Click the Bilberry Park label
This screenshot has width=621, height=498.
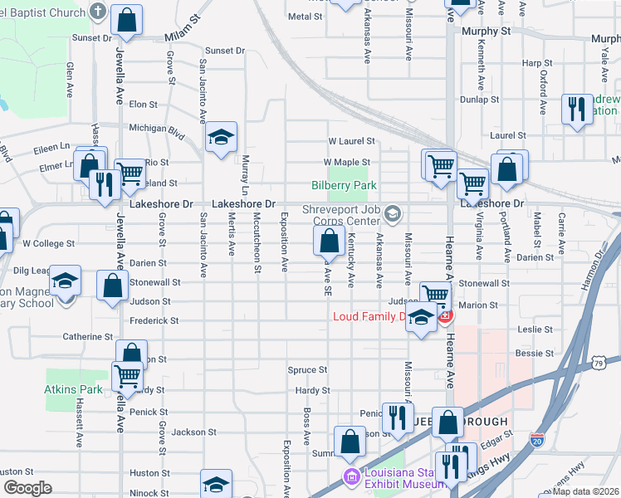pos(345,186)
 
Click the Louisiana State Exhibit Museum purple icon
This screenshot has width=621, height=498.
pos(352,478)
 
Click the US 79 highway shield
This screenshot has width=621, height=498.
pos(599,362)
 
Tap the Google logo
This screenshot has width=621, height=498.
pos(27,488)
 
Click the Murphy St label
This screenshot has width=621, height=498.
pos(490,31)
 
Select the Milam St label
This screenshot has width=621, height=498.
pos(183,38)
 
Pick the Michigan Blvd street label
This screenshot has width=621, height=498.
pos(156,129)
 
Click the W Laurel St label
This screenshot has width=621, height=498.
pos(351,142)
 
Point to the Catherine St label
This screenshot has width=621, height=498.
pos(88,337)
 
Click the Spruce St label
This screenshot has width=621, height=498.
pos(307,370)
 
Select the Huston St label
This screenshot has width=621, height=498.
pos(144,472)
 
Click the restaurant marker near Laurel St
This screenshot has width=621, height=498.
pos(576,110)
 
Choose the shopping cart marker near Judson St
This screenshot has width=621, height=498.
pos(435,295)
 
